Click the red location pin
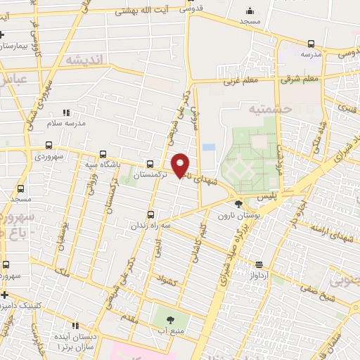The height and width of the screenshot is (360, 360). (181, 165)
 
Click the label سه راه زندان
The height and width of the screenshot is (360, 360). (150, 226)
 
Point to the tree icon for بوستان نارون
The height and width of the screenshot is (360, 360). (238, 204)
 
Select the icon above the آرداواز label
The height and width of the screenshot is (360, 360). (259, 265)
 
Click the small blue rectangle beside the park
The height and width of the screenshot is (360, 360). (208, 148)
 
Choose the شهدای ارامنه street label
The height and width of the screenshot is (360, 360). (325, 231)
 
